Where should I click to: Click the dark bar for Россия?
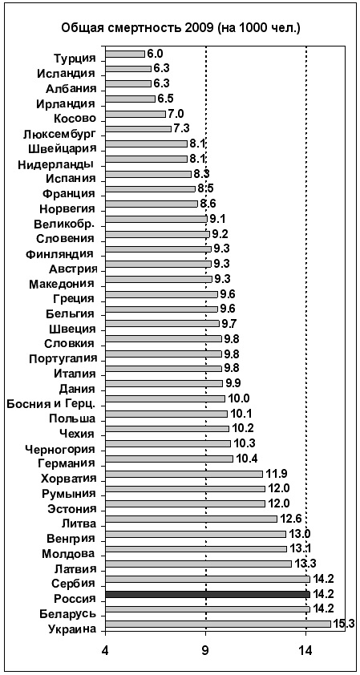coord(208,595)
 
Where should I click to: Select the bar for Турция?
coord(125,54)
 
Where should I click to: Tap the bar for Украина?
coord(218,624)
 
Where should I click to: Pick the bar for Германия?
coord(169,459)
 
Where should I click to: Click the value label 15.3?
coord(344,624)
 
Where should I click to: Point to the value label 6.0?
coord(156,53)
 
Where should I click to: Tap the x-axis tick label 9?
coord(206,648)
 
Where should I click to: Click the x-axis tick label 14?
coord(306,648)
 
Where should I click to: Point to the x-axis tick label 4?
coord(105,648)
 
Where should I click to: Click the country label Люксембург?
coord(59,134)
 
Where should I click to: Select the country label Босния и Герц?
coord(51,404)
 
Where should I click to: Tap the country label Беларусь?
coord(67,613)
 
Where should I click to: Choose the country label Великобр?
coord(64,224)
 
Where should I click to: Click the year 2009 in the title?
coord(200,29)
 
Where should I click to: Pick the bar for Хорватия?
coord(184,474)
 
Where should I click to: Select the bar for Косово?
coord(136,114)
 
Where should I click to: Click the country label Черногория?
coord(60,449)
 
